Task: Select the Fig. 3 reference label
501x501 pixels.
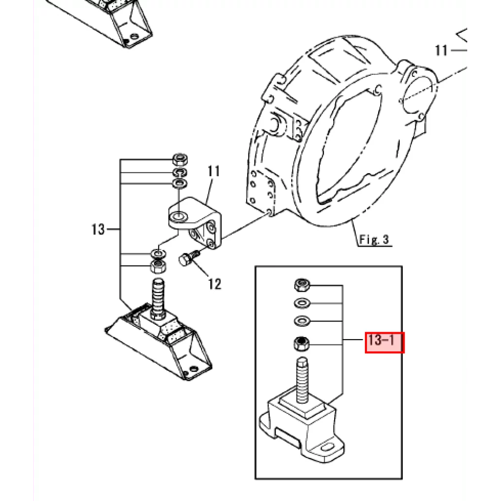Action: click(374, 239)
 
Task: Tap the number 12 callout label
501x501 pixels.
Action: click(214, 284)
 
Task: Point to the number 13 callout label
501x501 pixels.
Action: click(98, 229)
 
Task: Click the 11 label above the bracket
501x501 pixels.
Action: click(213, 171)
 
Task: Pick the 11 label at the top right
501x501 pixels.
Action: click(441, 50)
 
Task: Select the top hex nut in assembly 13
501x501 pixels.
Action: click(180, 159)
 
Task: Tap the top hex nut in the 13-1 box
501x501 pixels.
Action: click(302, 284)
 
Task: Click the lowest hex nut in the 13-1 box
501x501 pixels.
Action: click(301, 344)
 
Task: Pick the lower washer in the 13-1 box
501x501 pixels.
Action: click(301, 320)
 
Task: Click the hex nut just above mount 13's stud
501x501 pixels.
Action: click(158, 266)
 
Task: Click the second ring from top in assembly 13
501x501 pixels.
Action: click(180, 173)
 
